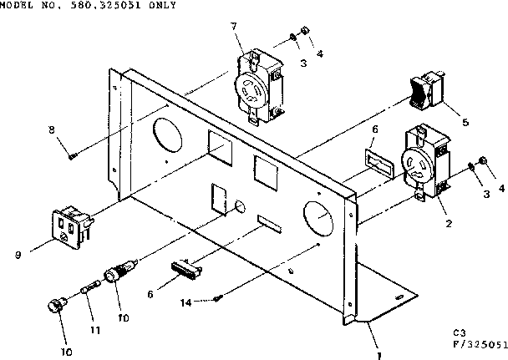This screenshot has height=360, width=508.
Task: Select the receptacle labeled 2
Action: (x=424, y=162)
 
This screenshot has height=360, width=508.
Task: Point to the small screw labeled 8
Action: (x=74, y=154)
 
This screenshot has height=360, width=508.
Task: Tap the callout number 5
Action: (x=465, y=123)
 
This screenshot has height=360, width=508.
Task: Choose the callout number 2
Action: (x=449, y=222)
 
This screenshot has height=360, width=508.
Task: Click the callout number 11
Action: (x=94, y=330)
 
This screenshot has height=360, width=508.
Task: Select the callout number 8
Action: (x=53, y=129)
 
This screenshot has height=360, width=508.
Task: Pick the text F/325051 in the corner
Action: (x=479, y=343)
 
